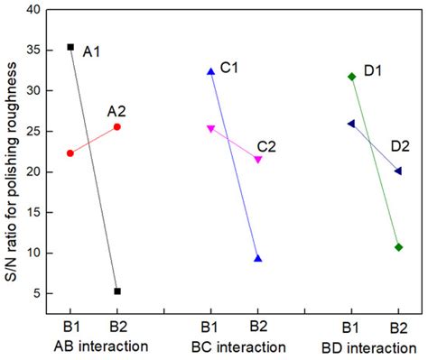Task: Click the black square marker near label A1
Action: click(70, 46)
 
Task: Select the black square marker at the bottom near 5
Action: click(117, 291)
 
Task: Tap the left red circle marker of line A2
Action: click(70, 152)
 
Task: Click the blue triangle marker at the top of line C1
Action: click(211, 71)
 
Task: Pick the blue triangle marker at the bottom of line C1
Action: click(258, 258)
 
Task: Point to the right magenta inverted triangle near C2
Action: click(258, 160)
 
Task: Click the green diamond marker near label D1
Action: click(351, 77)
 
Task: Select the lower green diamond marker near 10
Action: click(398, 246)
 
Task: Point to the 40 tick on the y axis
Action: click(35, 10)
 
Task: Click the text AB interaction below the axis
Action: click(94, 346)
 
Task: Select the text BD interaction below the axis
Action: click(373, 346)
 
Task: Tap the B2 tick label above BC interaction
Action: click(258, 327)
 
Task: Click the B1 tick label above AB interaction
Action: click(70, 327)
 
